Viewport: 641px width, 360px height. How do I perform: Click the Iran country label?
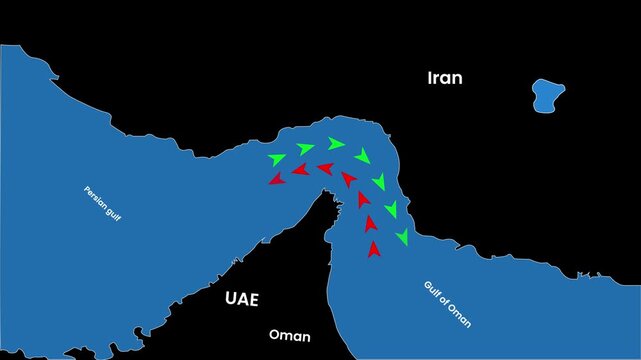(445, 78)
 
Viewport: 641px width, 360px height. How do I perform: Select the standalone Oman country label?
(290, 336)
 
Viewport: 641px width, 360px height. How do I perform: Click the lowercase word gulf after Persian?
(112, 213)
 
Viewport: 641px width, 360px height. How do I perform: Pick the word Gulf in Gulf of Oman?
(430, 289)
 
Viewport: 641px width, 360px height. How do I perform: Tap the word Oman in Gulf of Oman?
(460, 316)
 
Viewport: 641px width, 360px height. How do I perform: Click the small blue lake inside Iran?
(546, 96)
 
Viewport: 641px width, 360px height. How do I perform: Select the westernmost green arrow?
(277, 159)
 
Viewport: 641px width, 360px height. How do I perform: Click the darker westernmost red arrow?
(275, 179)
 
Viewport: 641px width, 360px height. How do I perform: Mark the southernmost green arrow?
(402, 237)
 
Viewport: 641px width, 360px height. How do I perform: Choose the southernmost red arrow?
(374, 249)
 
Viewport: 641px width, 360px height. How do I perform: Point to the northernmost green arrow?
(336, 144)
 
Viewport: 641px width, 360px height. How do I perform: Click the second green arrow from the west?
(305, 149)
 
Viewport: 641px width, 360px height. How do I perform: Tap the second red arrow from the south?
(371, 223)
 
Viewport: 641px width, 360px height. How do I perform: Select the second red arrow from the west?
(299, 170)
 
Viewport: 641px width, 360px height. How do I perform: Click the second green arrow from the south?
(391, 209)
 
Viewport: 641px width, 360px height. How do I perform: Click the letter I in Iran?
(430, 78)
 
